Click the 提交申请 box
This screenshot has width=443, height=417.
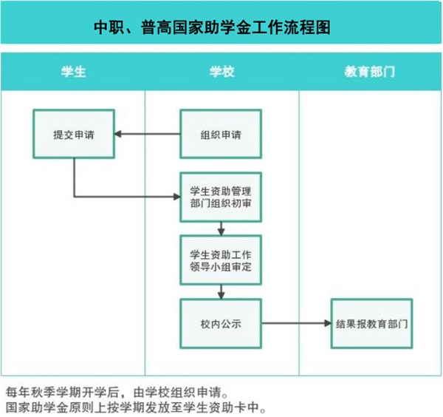(x=74, y=134)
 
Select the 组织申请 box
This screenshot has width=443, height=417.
(x=221, y=134)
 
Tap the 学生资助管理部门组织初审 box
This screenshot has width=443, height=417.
(x=221, y=197)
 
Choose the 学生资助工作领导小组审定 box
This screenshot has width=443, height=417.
(x=221, y=260)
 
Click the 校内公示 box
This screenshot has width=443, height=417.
(x=221, y=323)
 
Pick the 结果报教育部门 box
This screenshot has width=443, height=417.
(x=372, y=323)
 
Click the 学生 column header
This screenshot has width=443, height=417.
(x=73, y=72)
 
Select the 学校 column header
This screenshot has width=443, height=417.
(x=222, y=72)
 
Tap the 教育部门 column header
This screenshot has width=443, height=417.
(x=370, y=72)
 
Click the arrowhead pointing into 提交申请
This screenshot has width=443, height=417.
(x=117, y=134)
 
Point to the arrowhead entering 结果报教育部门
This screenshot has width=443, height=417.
(x=328, y=323)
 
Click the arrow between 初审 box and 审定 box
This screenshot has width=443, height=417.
(x=221, y=228)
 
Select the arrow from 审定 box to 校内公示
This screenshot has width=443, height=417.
(x=221, y=292)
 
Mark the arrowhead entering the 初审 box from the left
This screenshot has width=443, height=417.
(x=177, y=197)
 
